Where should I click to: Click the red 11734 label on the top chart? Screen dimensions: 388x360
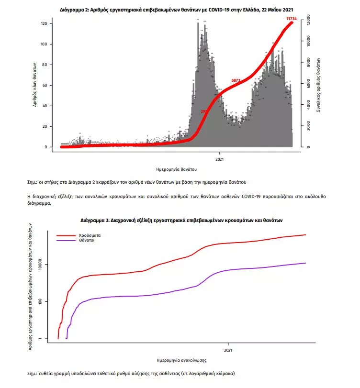[x=292, y=19]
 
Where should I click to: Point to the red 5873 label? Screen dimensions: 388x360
[x=236, y=80]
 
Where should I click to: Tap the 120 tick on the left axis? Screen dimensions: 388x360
[x=43, y=24]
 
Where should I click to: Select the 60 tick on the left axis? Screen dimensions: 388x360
[x=44, y=86]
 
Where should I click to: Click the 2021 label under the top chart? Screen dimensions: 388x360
[x=219, y=159]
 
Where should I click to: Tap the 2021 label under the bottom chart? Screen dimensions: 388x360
[x=228, y=349]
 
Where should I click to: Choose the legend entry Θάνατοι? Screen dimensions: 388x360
[x=87, y=241]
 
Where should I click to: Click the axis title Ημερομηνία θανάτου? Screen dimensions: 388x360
[x=177, y=170]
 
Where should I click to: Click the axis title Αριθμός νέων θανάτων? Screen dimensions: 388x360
[x=35, y=86]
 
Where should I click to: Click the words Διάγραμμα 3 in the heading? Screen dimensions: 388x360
[x=93, y=221]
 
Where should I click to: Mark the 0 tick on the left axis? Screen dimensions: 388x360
[x=45, y=147]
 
